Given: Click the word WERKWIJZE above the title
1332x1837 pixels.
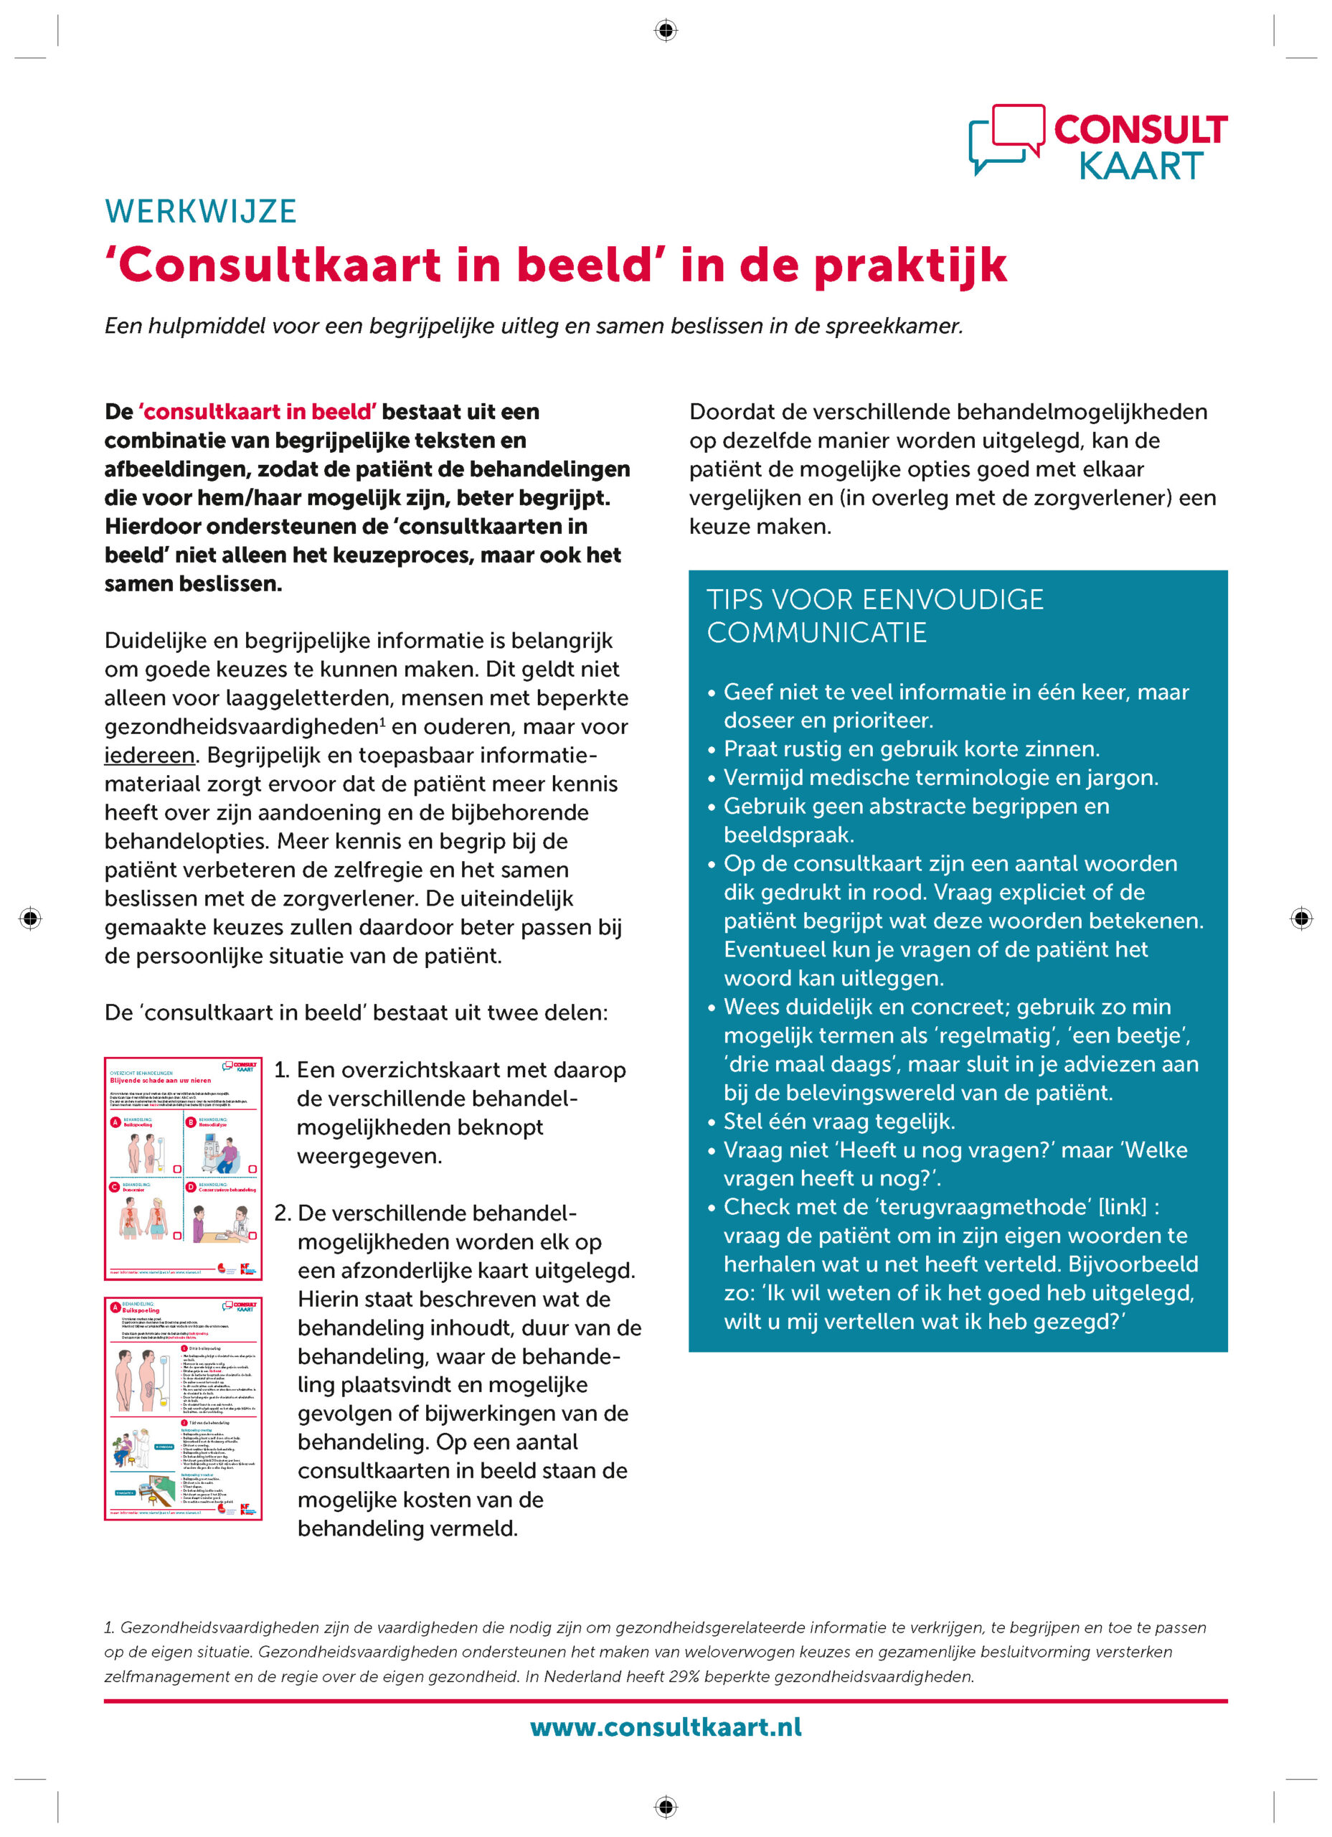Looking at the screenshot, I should [x=201, y=212].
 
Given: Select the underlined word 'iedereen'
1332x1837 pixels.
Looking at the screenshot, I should [x=150, y=755].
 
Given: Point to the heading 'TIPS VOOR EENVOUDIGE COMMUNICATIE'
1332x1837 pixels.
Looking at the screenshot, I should [x=874, y=616].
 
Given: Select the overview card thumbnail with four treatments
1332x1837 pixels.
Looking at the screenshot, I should [x=183, y=1168].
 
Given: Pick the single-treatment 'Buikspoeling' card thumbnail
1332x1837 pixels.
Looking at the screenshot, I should [x=183, y=1408].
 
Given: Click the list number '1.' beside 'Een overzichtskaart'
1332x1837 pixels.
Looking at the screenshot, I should [x=281, y=1070].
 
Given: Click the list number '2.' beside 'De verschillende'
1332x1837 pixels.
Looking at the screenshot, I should [x=282, y=1213].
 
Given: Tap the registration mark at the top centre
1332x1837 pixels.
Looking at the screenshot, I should [x=666, y=31].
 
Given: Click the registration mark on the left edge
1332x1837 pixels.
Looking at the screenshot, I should [x=31, y=918].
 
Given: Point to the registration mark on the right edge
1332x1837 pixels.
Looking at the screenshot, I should [x=1301, y=918].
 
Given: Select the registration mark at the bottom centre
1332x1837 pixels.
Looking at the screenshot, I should [x=666, y=1806].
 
